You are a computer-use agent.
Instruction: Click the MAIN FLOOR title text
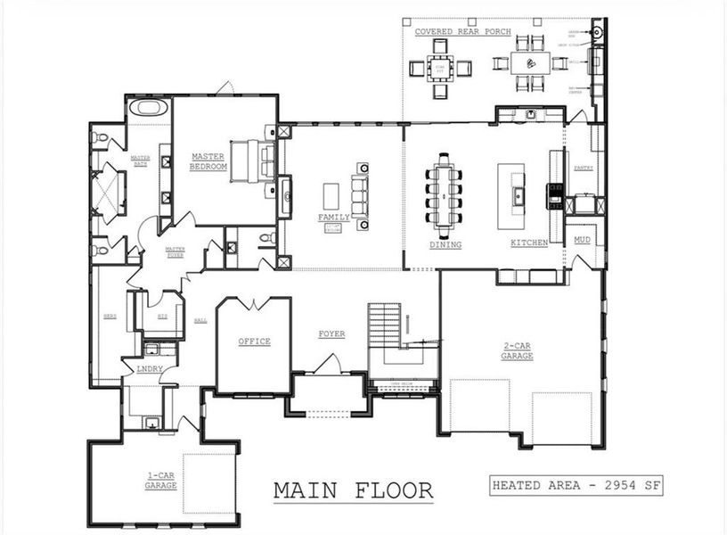tap(353, 490)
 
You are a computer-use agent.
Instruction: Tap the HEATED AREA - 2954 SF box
tap(576, 486)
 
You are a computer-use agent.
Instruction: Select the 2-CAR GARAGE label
tap(517, 351)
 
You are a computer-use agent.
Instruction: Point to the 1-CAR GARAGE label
tap(161, 481)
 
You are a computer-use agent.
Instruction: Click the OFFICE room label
tap(254, 342)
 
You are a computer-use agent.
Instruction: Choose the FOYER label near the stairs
tap(331, 334)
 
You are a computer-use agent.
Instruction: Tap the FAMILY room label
tap(334, 217)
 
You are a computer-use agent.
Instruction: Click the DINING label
tap(445, 243)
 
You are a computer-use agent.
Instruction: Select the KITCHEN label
tap(529, 243)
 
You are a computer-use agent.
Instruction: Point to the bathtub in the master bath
tap(149, 109)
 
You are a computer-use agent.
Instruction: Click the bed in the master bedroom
tap(254, 160)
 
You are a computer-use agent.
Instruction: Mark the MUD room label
tap(583, 240)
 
